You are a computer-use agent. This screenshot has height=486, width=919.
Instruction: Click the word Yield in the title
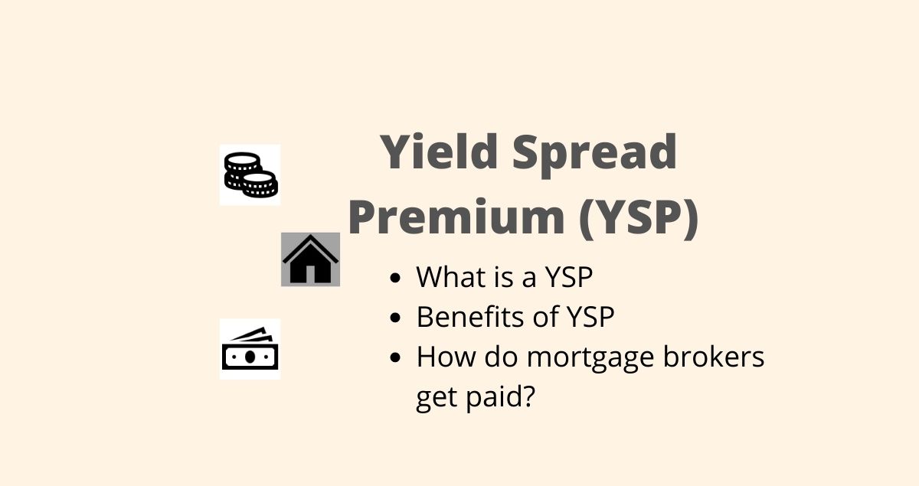coord(440,152)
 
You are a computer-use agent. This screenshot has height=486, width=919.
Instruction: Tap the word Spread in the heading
coord(595,155)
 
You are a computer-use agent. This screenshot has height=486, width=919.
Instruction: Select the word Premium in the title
coord(456,217)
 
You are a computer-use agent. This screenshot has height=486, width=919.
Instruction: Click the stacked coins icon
coord(250,175)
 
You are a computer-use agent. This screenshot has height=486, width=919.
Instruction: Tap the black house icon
coord(311,259)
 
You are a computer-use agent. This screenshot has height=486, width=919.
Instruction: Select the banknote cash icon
coord(250,348)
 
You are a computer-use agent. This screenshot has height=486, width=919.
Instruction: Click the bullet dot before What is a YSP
coord(395,278)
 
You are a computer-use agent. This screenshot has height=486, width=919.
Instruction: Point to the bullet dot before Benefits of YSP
coord(395,318)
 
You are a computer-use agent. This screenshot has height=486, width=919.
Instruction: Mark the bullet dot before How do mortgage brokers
coord(395,357)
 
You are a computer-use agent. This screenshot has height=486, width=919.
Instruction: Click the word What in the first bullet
coord(451,277)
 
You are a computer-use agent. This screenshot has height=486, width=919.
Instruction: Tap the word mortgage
coord(590,359)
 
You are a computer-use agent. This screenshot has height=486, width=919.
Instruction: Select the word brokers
coord(714,356)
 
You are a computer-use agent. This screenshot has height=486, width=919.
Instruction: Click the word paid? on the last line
coord(501,397)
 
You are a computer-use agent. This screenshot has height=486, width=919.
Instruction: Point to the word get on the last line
coord(437,399)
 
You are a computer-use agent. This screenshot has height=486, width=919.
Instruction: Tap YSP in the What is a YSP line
coord(569,277)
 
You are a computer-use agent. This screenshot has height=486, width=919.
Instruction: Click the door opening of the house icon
coord(311,274)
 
